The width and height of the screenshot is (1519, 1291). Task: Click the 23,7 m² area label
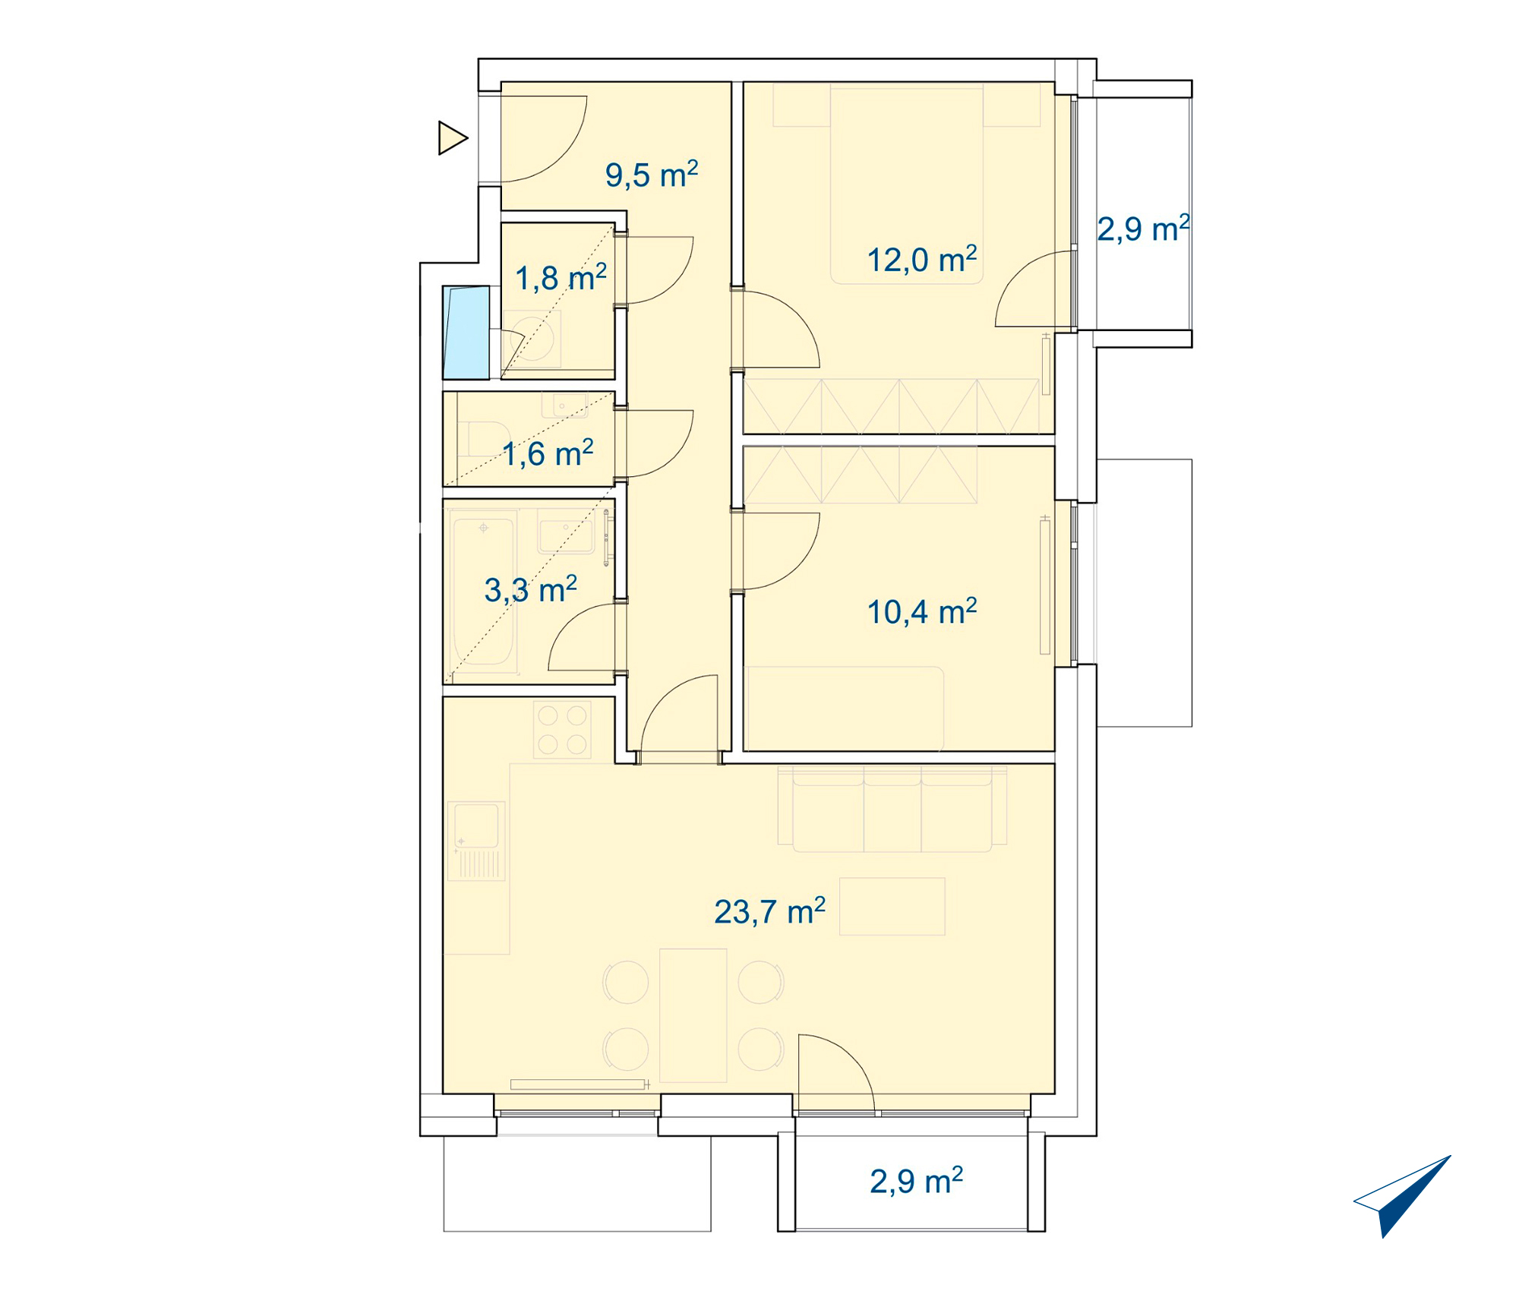(769, 911)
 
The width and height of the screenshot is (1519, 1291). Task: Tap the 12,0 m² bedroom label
(922, 260)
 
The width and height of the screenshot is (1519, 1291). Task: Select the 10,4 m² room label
(922, 611)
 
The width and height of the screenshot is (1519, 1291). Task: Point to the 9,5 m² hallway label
(652, 175)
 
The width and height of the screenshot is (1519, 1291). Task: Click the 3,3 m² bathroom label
(531, 589)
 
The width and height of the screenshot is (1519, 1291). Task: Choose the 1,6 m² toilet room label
(548, 453)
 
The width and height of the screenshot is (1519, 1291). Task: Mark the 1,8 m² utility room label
(561, 278)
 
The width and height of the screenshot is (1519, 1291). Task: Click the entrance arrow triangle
(453, 138)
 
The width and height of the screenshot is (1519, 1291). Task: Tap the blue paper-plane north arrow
(1402, 1195)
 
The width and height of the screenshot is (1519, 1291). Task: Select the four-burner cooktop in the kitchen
(562, 729)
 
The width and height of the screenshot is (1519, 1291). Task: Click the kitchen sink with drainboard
(476, 841)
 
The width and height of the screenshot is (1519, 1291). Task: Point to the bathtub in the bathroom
(484, 591)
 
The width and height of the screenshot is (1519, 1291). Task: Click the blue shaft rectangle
(466, 333)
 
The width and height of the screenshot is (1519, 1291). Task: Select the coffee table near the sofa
(892, 907)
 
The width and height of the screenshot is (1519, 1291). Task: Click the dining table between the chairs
(693, 1015)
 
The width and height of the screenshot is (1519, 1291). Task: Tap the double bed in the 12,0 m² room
(907, 184)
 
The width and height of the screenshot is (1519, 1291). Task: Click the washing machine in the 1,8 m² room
(532, 339)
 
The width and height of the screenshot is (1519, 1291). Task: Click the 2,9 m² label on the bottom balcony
(917, 1181)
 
